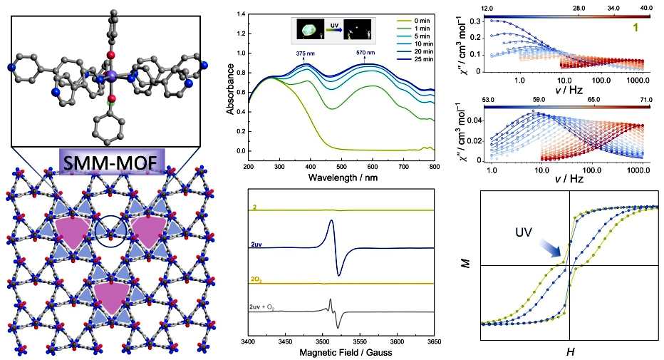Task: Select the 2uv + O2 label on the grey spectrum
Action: click(x=264, y=305)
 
